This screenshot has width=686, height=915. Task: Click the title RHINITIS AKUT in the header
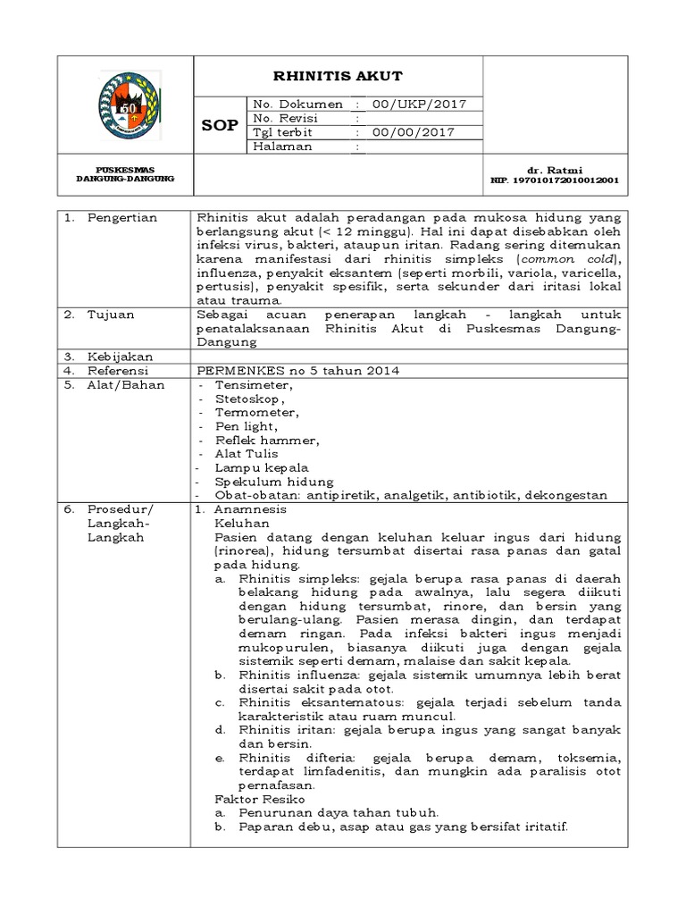[339, 76]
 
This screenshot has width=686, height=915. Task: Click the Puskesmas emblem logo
[125, 103]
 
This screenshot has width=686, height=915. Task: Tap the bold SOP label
[218, 125]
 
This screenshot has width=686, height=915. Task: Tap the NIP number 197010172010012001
[554, 179]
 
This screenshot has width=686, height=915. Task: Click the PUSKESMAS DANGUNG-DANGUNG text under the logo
[125, 173]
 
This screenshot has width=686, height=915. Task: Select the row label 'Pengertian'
[121, 218]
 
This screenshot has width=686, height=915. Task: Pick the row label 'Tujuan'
[110, 315]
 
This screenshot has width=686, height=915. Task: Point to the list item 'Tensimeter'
[253, 385]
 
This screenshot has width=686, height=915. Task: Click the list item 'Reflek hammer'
[266, 441]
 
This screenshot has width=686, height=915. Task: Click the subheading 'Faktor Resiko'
[260, 798]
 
